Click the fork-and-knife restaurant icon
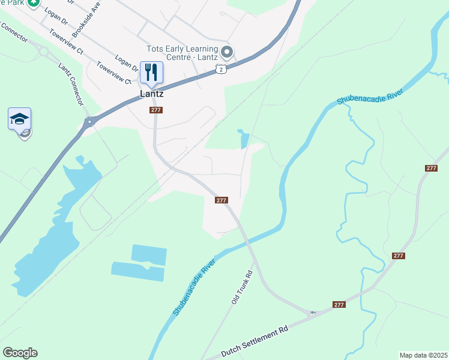(151, 73)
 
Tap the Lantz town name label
(151, 94)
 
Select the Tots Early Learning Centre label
(182, 53)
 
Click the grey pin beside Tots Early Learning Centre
(226, 50)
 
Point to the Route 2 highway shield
(221, 70)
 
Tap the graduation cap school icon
(19, 118)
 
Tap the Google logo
(20, 353)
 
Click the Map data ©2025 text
(423, 355)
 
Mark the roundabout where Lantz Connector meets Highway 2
(89, 122)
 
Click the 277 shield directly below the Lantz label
(156, 110)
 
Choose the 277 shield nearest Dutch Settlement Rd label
(339, 305)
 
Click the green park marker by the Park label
(34, 4)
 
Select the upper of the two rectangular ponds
(148, 254)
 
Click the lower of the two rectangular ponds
(137, 272)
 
